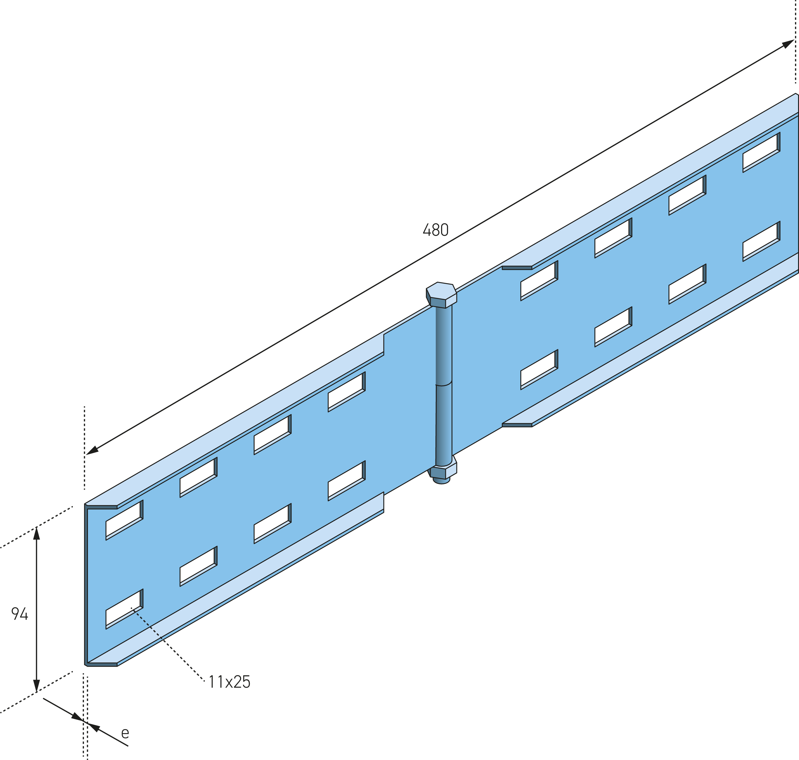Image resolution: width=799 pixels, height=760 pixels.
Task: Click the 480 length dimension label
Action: (x=435, y=230)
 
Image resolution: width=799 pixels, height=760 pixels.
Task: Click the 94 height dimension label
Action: (x=19, y=614)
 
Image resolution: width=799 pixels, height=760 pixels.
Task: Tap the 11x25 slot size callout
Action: (x=229, y=682)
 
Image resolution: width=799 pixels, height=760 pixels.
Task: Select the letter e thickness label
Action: (x=125, y=733)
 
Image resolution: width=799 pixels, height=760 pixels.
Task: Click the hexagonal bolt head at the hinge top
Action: (x=441, y=295)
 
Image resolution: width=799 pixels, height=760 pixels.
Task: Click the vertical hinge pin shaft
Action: (x=444, y=385)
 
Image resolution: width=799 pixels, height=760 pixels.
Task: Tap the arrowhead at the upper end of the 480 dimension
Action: (x=788, y=44)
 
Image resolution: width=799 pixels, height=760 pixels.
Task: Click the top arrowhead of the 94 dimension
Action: (x=36, y=533)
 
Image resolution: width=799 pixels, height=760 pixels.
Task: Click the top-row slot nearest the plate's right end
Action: (x=761, y=152)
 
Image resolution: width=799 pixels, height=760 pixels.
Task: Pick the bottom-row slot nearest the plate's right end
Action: (x=761, y=241)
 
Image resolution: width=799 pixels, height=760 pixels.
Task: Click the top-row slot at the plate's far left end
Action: (x=124, y=520)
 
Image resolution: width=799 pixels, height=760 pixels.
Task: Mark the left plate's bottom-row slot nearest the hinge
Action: (x=347, y=481)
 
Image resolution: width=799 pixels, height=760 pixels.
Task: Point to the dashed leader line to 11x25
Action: (x=168, y=644)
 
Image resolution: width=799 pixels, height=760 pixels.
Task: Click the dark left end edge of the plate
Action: (x=86, y=585)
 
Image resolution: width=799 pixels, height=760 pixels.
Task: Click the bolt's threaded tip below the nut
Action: (x=442, y=481)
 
